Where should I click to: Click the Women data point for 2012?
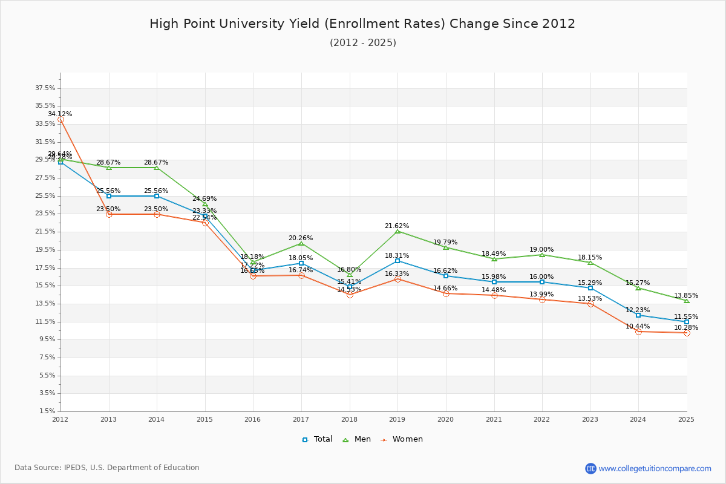[60, 120]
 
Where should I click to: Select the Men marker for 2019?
[397, 231]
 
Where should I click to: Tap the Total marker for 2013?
[109, 196]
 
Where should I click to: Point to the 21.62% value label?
[397, 226]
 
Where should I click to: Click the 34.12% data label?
[60, 114]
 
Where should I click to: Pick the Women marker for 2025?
[687, 333]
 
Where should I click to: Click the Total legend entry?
[317, 439]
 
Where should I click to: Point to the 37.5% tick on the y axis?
[45, 88]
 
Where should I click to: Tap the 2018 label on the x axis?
[349, 419]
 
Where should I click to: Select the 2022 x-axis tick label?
[542, 419]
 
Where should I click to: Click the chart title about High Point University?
[362, 24]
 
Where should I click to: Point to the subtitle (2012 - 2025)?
[362, 42]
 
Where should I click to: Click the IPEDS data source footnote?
[107, 468]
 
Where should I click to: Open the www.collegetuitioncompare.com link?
[655, 468]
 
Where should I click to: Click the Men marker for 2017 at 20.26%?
[301, 243]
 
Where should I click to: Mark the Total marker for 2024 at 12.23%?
[638, 315]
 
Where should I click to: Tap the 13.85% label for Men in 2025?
[686, 295]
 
